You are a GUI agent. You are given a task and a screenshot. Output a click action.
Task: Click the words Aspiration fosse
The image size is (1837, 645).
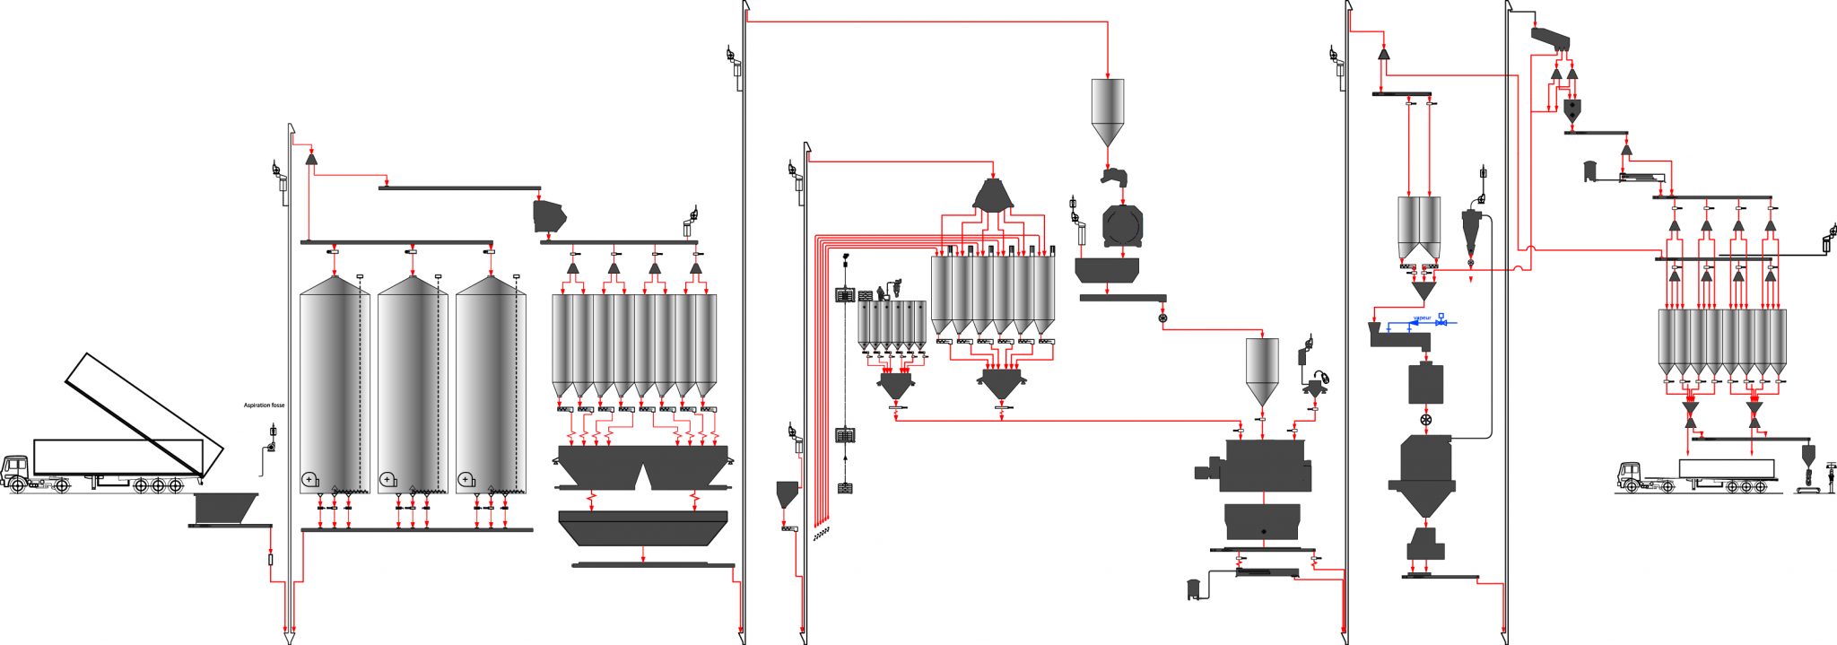pyautogui.click(x=264, y=405)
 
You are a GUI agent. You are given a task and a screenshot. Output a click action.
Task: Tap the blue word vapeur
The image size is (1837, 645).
pyautogui.click(x=1422, y=318)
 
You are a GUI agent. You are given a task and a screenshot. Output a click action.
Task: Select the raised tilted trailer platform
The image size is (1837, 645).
pyautogui.click(x=144, y=414)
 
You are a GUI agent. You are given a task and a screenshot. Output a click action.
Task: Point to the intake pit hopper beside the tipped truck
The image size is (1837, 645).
pyautogui.click(x=225, y=507)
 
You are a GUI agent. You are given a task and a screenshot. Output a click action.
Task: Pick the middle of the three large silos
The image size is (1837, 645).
pyautogui.click(x=413, y=386)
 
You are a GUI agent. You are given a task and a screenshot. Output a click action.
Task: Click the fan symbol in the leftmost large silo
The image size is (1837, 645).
pyautogui.click(x=309, y=480)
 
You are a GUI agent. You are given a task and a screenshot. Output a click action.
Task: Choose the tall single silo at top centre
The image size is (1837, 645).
pyautogui.click(x=1108, y=108)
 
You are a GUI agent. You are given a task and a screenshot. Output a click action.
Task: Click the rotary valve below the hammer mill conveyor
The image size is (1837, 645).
pyautogui.click(x=1163, y=318)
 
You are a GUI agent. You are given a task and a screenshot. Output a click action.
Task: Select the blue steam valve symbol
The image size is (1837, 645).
pyautogui.click(x=1441, y=321)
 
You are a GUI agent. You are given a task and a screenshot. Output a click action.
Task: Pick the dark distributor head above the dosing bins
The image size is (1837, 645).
pyautogui.click(x=993, y=196)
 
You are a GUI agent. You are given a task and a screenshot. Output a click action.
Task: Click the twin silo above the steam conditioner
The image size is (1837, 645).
pyautogui.click(x=1419, y=230)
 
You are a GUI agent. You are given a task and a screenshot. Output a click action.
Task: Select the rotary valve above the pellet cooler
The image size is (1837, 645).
pyautogui.click(x=1425, y=420)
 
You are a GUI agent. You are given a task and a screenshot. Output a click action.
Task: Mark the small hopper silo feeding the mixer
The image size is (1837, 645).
pyautogui.click(x=1262, y=368)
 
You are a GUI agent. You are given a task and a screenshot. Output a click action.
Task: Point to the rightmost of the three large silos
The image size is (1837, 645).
pyautogui.click(x=491, y=386)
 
